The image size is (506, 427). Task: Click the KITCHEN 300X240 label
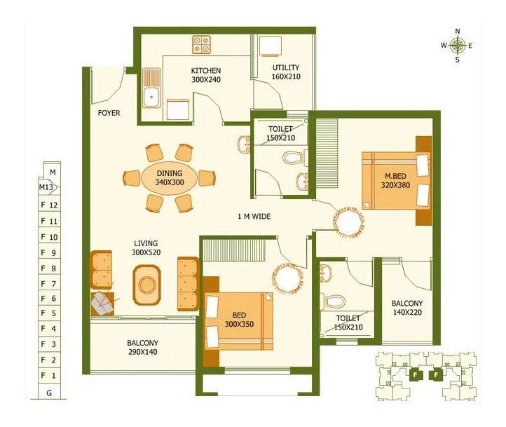(x=206, y=75)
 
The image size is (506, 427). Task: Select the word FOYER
(x=109, y=113)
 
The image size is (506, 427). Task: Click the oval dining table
(x=169, y=177)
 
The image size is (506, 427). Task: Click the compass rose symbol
(x=458, y=46)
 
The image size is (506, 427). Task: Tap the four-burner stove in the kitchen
(x=202, y=45)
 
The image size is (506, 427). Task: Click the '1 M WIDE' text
(x=254, y=217)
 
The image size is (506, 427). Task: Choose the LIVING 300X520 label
(x=145, y=247)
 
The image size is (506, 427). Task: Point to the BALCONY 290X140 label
(x=142, y=347)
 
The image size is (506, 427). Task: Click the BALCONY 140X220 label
(x=406, y=309)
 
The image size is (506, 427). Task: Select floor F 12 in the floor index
(x=48, y=205)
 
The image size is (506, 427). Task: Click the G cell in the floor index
(x=48, y=393)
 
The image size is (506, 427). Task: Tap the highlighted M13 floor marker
(x=48, y=187)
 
